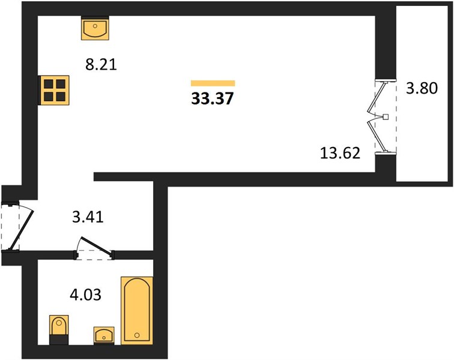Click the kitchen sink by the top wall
coord(95,28)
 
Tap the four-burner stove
coord(54,90)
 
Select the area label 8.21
coord(101,65)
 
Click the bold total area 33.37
coord(212,98)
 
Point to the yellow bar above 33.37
coord(213,83)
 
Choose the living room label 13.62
coord(340,153)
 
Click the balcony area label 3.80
coord(422,88)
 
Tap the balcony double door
coord(381,117)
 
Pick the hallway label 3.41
coord(88,217)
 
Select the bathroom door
coord(94,248)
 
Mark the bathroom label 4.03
coord(86,295)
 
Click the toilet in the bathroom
coord(59,329)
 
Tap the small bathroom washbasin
coord(104,335)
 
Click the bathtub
coord(137,311)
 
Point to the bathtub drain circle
coord(137,335)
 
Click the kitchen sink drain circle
coord(95,26)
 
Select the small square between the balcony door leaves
coord(386,117)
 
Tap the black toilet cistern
coord(59,340)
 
